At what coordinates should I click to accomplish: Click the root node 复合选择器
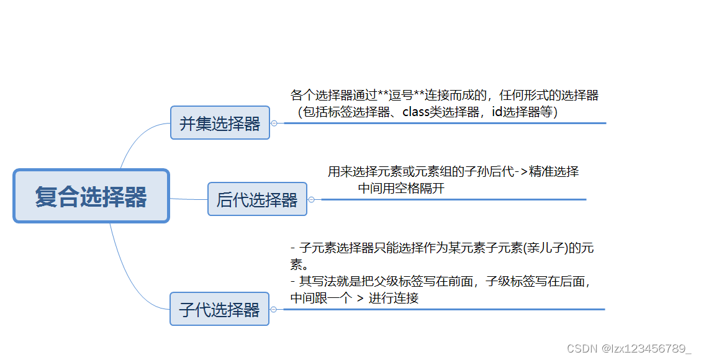(91, 196)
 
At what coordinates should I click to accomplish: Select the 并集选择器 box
(220, 123)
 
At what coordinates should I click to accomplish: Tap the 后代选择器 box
(257, 199)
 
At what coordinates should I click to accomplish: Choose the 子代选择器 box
(219, 309)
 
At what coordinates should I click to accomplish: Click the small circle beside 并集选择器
(274, 123)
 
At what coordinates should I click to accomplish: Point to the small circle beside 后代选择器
(311, 199)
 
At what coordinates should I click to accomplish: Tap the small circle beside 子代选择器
(273, 309)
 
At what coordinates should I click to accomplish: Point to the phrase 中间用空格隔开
(401, 188)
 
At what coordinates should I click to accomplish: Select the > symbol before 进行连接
(360, 298)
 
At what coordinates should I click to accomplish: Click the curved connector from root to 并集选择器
(133, 140)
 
